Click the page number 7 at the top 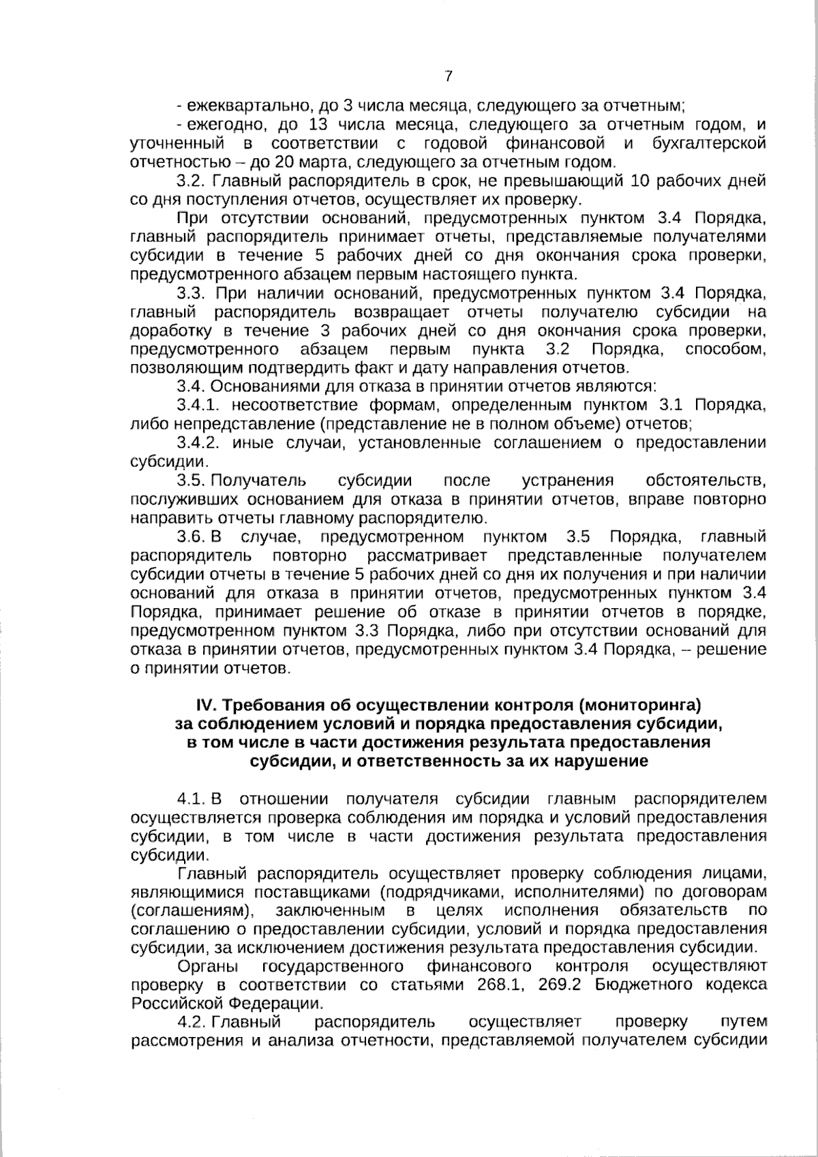point(448,76)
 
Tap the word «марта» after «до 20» point(330,162)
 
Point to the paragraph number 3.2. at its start point(190,181)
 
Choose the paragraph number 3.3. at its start point(191,294)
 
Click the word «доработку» point(170,331)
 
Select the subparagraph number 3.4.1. point(197,406)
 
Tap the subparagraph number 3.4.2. point(198,442)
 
